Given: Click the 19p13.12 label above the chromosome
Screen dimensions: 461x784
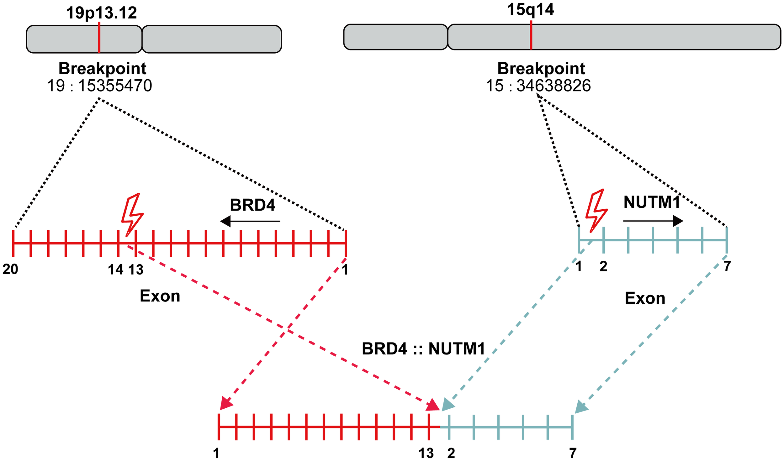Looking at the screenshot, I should click(101, 13).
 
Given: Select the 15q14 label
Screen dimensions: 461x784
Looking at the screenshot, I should click(530, 9).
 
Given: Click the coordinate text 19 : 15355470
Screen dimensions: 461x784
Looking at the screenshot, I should click(99, 86).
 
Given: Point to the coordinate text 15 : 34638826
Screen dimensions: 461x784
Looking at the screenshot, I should click(538, 86).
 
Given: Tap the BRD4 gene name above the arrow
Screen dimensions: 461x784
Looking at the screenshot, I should click(252, 205).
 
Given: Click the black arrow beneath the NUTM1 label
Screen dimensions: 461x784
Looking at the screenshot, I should click(653, 221).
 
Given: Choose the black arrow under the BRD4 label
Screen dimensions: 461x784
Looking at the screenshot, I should click(250, 221).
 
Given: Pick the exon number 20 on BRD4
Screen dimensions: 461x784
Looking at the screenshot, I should click(10, 269).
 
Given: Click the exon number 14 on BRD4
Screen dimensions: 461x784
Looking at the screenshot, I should click(115, 270).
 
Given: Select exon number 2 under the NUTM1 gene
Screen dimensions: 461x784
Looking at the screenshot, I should click(603, 266).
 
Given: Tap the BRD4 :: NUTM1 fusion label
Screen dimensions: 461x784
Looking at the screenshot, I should click(423, 348).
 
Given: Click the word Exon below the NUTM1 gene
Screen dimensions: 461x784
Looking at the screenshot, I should click(645, 298).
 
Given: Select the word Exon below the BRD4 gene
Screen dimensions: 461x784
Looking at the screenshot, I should click(160, 296).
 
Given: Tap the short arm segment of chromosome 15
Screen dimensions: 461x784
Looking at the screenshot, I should click(395, 37).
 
